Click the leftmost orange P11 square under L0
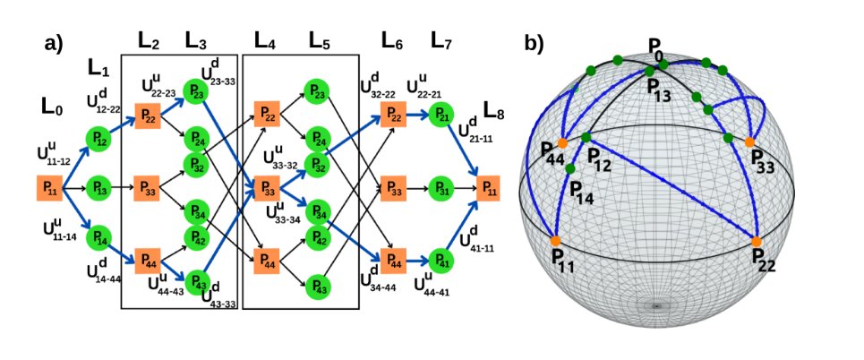[x=49, y=189]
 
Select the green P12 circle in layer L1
[x=98, y=137]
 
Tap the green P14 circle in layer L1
[x=98, y=237]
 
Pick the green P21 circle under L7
[x=441, y=114]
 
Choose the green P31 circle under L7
[x=441, y=189]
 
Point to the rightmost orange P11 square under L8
[x=490, y=189]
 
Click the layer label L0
[x=52, y=106]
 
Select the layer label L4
[x=265, y=40]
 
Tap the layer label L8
[x=494, y=111]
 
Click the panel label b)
[x=535, y=43]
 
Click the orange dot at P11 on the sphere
[x=555, y=242]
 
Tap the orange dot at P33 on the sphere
[x=749, y=141]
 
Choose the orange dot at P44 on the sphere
[x=562, y=142]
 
